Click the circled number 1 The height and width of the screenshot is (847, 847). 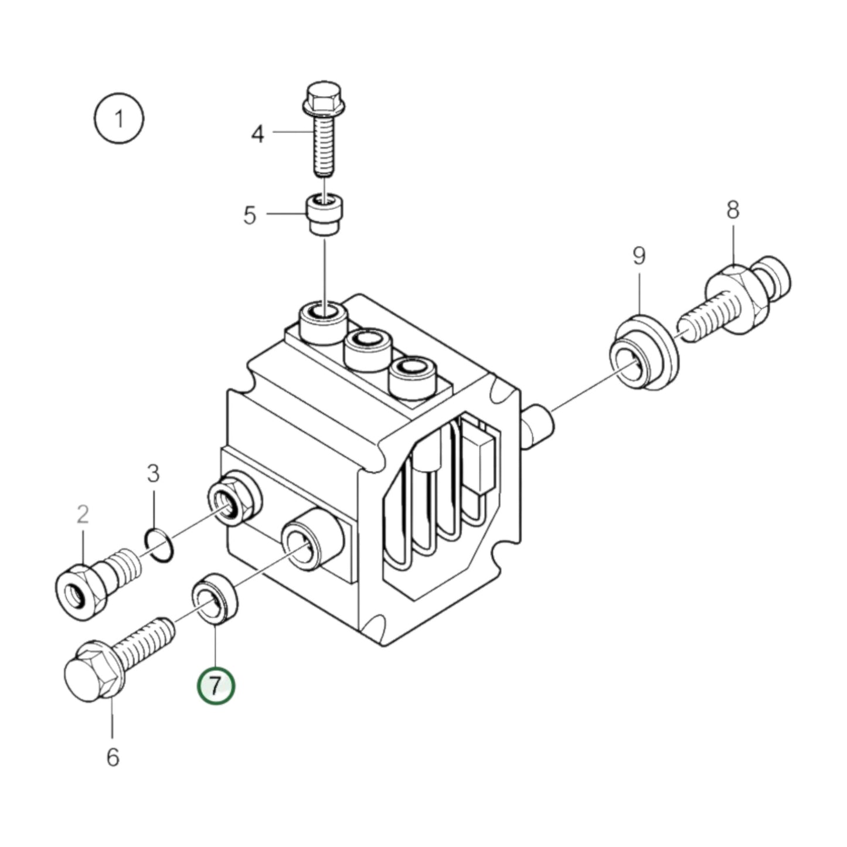point(119,119)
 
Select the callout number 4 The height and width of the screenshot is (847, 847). point(258,134)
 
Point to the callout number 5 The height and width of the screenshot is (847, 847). point(250,215)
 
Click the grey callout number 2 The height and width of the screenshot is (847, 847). point(83,515)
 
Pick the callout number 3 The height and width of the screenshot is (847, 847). point(153,474)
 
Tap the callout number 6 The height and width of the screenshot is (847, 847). point(113,757)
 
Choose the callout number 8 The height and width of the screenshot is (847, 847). point(733,210)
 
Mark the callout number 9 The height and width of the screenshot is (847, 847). point(639,256)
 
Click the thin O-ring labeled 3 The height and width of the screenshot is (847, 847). point(159,545)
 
